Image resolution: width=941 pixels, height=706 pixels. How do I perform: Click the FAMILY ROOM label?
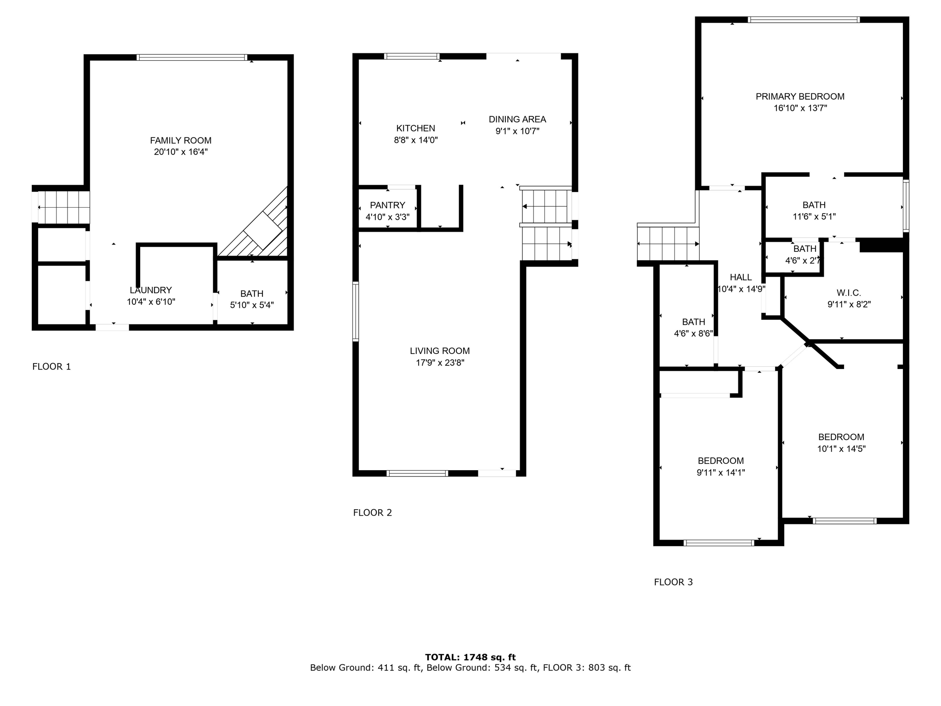click(181, 140)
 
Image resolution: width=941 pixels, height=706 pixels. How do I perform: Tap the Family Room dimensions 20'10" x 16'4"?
click(181, 152)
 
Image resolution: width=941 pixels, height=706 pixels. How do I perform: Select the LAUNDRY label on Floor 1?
click(151, 290)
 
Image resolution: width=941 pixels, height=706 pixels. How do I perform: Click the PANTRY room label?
click(387, 205)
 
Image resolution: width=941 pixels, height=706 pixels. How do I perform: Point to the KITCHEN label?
click(415, 128)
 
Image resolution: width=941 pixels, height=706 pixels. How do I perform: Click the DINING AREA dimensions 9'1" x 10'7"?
click(517, 131)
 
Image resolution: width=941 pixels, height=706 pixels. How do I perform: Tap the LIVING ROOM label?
click(440, 351)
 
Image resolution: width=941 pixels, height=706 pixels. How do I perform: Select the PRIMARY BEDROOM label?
click(800, 97)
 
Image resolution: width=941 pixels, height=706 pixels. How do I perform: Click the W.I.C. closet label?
click(849, 293)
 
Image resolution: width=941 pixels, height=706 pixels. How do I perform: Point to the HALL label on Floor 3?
click(741, 277)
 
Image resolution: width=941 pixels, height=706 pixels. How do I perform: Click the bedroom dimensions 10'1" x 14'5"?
click(841, 449)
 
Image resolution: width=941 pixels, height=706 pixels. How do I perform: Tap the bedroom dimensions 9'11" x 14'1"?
click(720, 473)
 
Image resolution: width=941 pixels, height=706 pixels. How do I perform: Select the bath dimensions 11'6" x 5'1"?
click(814, 217)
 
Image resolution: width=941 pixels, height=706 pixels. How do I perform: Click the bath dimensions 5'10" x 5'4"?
click(252, 305)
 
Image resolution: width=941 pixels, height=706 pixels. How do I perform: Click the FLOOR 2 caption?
click(372, 512)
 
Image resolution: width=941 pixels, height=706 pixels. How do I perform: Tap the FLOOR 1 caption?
click(51, 366)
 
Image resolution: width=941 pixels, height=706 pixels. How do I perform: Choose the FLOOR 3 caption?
click(673, 582)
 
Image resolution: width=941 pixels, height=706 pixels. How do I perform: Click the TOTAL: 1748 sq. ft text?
click(470, 657)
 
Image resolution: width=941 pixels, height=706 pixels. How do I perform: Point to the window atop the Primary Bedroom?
click(803, 20)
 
